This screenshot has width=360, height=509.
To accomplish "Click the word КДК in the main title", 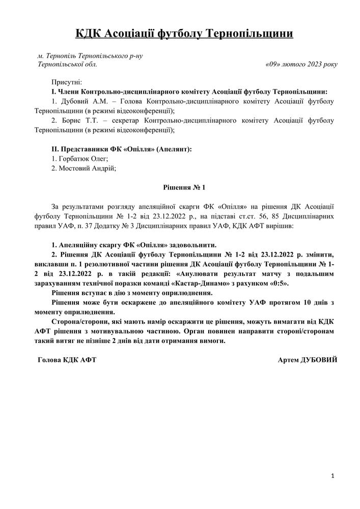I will pyautogui.click(x=88, y=34).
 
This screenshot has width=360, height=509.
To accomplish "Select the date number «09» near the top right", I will pyautogui.click(x=274, y=65).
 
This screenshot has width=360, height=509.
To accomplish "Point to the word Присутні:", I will pyautogui.click(x=67, y=82).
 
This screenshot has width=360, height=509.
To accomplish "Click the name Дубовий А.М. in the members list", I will pyautogui.click(x=81, y=101).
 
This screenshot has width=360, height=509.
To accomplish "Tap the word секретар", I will pyautogui.click(x=124, y=121).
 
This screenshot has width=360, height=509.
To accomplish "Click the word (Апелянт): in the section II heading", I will pyautogui.click(x=174, y=150).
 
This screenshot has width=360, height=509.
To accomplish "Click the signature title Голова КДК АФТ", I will pyautogui.click(x=67, y=360).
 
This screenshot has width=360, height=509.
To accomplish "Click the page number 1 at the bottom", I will pyautogui.click(x=332, y=476).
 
